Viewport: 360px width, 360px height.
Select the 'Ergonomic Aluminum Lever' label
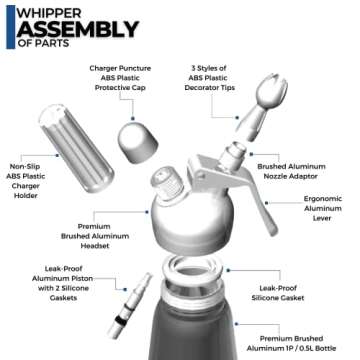(322, 206)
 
